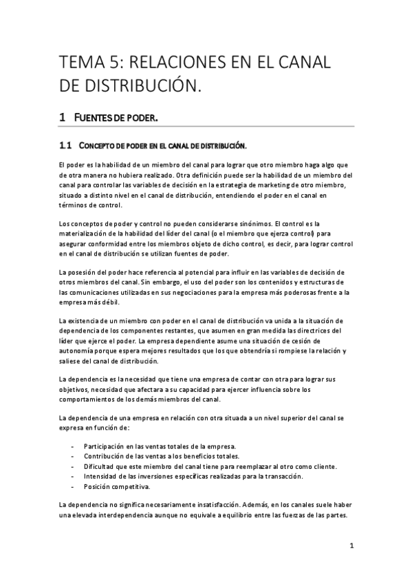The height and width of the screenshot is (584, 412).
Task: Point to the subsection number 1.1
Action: click(65, 145)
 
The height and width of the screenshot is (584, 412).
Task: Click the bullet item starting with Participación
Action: click(159, 446)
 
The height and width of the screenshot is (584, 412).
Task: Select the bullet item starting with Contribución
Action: click(161, 456)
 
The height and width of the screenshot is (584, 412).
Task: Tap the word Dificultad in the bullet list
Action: click(100, 466)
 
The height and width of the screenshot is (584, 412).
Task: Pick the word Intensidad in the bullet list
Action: click(100, 476)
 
